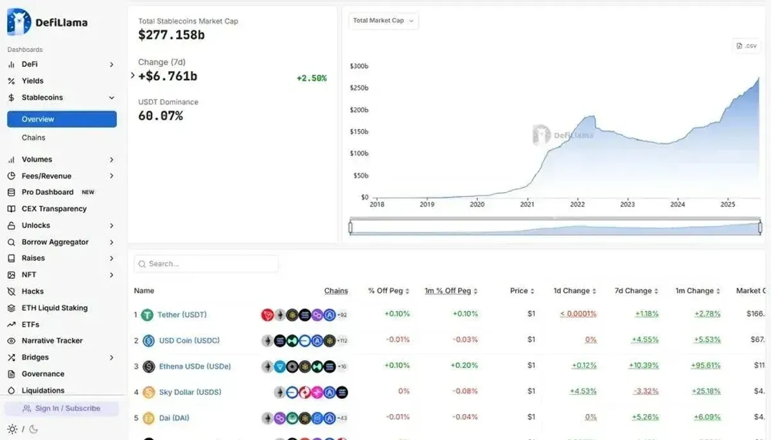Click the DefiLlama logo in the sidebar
[47, 22]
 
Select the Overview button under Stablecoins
[62, 119]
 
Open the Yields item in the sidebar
[33, 81]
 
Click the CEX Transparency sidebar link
[54, 209]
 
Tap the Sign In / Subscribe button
[62, 409]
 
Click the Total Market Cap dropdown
[384, 21]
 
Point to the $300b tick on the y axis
[359, 66]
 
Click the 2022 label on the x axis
[577, 204]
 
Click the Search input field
[206, 264]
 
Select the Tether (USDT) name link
[182, 315]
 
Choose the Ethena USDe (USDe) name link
[195, 366]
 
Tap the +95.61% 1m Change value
[707, 365]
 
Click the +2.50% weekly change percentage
[312, 78]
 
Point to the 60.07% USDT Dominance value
[161, 116]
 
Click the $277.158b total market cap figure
[172, 35]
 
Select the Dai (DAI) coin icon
[148, 418]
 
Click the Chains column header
[336, 291]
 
